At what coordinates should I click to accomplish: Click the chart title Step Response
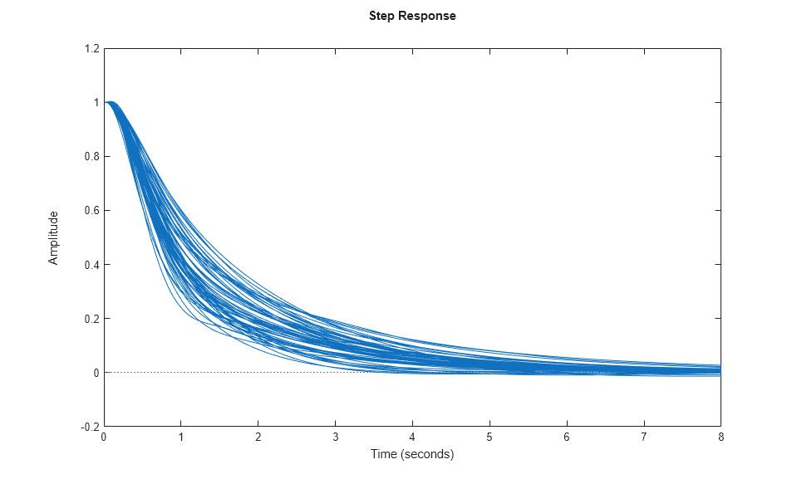coord(412,16)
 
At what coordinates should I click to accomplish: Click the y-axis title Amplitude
coord(54,237)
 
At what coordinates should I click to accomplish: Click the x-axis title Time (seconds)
coord(412,454)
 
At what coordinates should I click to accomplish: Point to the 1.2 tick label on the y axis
coord(91,49)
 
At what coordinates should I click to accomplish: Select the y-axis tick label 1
coord(96,103)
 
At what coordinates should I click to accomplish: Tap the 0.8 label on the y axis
coord(91,157)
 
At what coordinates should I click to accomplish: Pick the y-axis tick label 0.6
coord(91,211)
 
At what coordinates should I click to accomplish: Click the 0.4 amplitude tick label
coord(91,265)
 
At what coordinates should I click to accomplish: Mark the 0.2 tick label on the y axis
coord(91,319)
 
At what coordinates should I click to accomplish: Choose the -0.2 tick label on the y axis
coord(90,427)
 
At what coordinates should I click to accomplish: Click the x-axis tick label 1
coord(181,437)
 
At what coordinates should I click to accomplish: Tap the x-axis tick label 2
coord(258,437)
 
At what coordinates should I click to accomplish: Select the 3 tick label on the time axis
coord(335,437)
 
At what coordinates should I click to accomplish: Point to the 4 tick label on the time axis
coord(412,437)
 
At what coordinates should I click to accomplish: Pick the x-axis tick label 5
coord(490,437)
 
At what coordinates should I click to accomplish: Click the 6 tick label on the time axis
coord(567,437)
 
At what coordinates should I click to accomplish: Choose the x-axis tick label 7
coord(643,437)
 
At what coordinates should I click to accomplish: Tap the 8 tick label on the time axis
coord(721,437)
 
